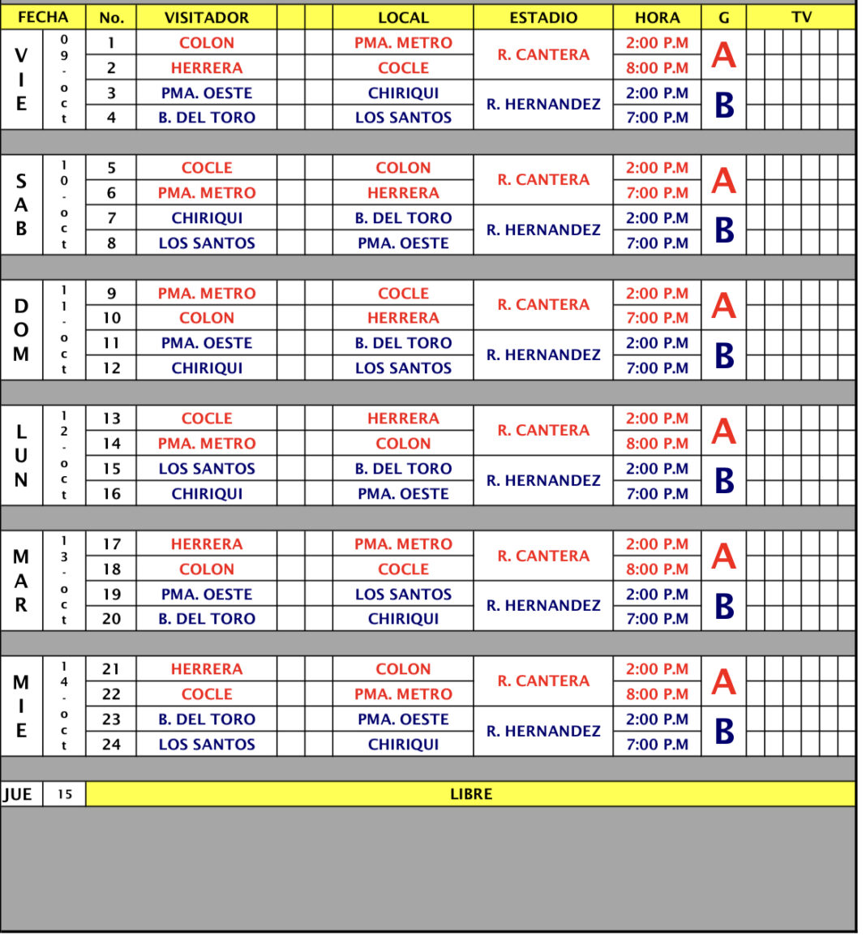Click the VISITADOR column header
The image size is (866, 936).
click(x=206, y=17)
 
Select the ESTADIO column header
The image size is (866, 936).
click(x=543, y=17)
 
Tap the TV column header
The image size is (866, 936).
click(x=801, y=17)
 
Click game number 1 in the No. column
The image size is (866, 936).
click(x=111, y=43)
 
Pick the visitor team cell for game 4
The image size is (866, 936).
click(x=207, y=118)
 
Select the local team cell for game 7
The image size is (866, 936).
click(x=403, y=218)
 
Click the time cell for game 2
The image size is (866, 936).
click(x=657, y=68)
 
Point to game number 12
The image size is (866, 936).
click(x=111, y=368)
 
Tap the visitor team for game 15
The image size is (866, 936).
click(x=207, y=469)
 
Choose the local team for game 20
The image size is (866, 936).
click(x=403, y=619)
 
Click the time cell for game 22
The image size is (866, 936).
click(x=657, y=694)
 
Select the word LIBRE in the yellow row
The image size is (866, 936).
click(x=471, y=794)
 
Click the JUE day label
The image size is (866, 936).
click(x=18, y=794)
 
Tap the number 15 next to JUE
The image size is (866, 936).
click(x=65, y=794)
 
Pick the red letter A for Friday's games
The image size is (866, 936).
click(x=723, y=55)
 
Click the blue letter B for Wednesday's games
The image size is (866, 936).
click(x=723, y=732)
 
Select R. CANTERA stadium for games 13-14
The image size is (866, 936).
click(x=543, y=431)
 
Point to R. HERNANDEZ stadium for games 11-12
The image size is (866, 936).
click(x=543, y=355)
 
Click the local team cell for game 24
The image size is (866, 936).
click(x=403, y=745)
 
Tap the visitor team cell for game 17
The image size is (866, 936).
click(x=207, y=544)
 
